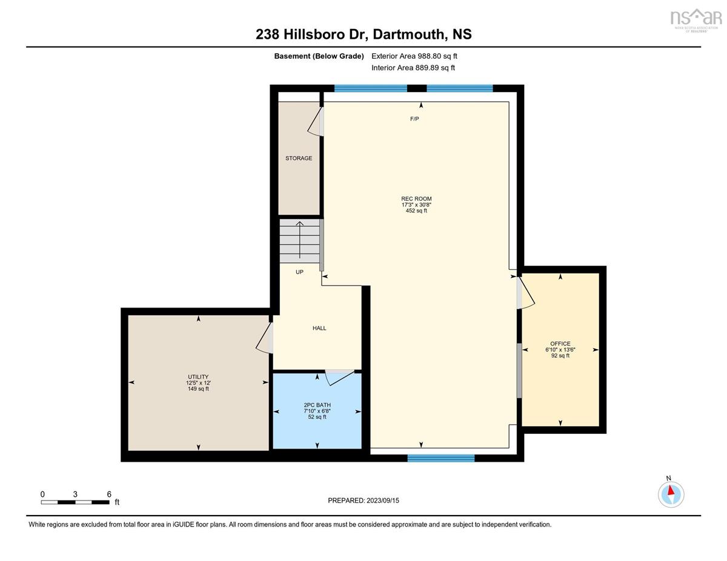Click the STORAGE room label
pos(299,158)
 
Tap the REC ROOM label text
pos(416,198)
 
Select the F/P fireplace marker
pos(414,119)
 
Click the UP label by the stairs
pos(299,272)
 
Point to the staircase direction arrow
pos(299,240)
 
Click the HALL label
pos(319,328)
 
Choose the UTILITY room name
pos(198,377)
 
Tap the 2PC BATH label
pos(317,405)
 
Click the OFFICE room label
pos(560,344)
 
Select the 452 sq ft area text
pos(416,211)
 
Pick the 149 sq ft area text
pos(198,389)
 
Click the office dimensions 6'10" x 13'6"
pos(560,350)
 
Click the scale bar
pos(75,502)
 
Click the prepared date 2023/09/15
pos(383,500)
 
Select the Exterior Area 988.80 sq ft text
pos(414,56)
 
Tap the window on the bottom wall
pos(441,458)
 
